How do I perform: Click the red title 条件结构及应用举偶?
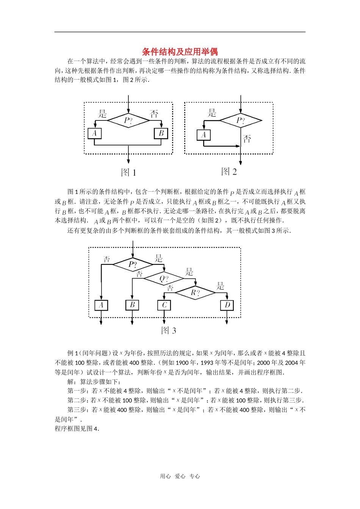point(180,52)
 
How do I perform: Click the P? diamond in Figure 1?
point(128,121)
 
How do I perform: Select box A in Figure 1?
point(94,133)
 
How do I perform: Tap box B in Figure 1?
point(161,133)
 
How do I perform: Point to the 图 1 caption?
point(128,173)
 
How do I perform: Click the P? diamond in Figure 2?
point(241,121)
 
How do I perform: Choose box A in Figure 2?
point(203,135)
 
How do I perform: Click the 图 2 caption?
point(229,172)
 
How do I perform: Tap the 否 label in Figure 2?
point(247,139)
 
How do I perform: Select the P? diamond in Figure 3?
point(133,264)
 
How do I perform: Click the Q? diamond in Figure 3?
point(164,279)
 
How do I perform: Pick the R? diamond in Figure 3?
point(195,292)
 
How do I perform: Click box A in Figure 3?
point(101,305)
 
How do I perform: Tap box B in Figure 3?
point(132,305)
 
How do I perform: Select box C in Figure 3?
point(164,305)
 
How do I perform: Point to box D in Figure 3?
point(227,305)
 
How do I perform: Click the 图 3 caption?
point(169,331)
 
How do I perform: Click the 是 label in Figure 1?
point(102,114)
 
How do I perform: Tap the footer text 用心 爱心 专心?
point(180,476)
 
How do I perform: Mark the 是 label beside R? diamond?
point(221,286)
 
